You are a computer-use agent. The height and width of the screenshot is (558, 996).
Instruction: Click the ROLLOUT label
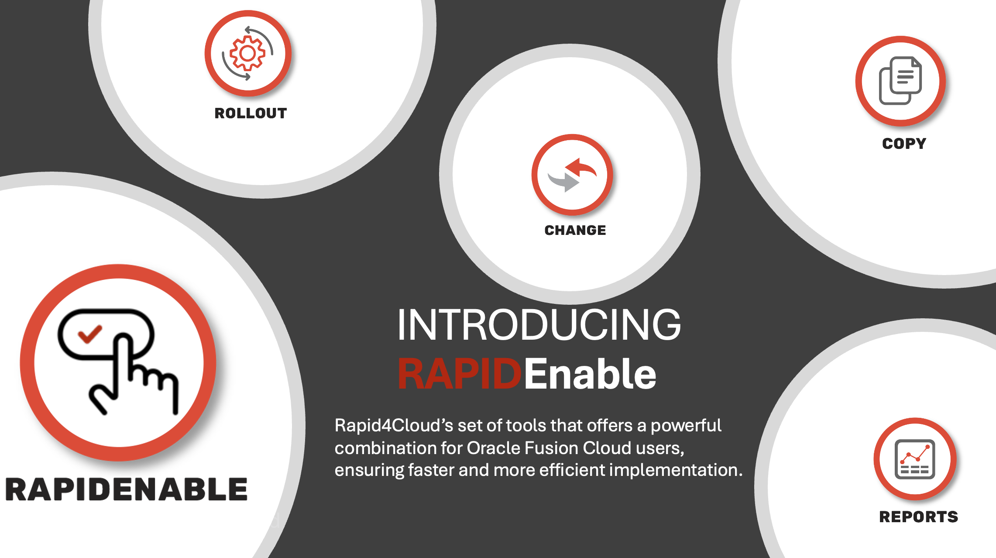(251, 114)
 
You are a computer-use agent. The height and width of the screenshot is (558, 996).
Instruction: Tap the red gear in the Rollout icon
(247, 53)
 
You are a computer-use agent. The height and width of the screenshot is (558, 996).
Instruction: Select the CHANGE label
(575, 230)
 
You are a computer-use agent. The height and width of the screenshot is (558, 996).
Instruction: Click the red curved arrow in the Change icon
(581, 167)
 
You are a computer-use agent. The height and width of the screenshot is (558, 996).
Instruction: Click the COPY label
(904, 144)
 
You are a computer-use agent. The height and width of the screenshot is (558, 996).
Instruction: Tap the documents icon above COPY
(900, 81)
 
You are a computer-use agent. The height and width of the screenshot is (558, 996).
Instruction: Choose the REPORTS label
(918, 517)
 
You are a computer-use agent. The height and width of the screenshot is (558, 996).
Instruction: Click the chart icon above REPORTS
(915, 459)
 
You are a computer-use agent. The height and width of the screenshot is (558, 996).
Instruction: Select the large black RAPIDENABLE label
(127, 489)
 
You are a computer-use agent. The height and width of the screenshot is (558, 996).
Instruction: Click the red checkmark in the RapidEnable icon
(89, 334)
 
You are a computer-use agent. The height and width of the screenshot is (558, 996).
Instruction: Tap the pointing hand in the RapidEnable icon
(134, 374)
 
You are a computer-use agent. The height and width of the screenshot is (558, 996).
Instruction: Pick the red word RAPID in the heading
(460, 374)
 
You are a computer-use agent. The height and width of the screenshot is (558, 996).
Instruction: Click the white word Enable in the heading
(590, 373)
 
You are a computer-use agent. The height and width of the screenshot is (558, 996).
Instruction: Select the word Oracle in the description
(493, 448)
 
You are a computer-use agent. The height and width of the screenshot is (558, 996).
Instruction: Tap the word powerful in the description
(686, 426)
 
